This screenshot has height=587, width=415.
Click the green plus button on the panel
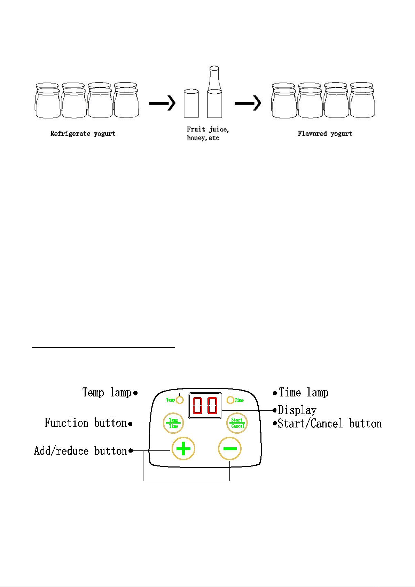(183, 449)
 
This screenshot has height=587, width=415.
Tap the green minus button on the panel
(230, 449)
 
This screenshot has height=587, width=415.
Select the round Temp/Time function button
(173, 423)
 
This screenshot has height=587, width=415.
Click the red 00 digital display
(205, 406)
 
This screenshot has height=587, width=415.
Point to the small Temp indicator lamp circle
(180, 400)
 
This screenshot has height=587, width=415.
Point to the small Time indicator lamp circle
(230, 400)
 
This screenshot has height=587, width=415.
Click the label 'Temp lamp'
(107, 393)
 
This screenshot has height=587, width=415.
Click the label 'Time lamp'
(304, 393)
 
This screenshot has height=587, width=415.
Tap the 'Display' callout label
(297, 410)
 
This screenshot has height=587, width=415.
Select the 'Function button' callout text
(86, 423)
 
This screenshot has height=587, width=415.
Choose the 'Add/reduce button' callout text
(81, 451)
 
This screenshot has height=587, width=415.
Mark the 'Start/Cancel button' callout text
(330, 424)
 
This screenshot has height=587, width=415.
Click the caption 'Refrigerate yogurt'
(83, 134)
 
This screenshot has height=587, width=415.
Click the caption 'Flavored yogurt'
(325, 134)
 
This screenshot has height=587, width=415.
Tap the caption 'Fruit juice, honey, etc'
(207, 134)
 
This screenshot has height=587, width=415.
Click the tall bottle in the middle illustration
(214, 94)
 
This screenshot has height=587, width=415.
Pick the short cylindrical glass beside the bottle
(191, 103)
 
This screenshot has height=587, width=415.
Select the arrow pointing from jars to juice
(163, 103)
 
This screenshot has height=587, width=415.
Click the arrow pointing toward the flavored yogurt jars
(248, 103)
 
